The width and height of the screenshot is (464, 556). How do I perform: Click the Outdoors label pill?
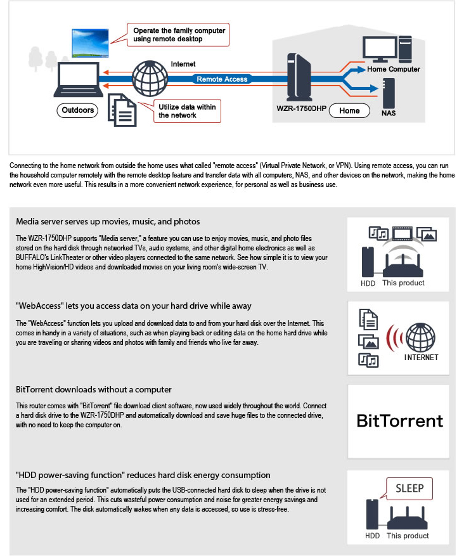[x=77, y=110]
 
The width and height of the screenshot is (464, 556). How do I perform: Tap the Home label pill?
[x=349, y=111]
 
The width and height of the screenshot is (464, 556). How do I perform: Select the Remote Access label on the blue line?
[x=222, y=79]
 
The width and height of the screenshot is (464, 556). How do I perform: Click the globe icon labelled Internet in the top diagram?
[x=150, y=79]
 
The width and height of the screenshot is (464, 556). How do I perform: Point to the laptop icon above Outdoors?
[x=78, y=80]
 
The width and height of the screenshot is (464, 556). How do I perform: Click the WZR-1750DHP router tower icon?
[x=299, y=77]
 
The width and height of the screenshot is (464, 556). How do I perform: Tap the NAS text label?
[x=389, y=113]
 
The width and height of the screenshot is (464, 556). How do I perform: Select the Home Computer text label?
[x=394, y=69]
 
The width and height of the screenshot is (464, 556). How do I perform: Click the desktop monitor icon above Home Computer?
[x=380, y=49]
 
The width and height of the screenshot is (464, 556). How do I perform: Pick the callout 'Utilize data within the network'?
[x=187, y=111]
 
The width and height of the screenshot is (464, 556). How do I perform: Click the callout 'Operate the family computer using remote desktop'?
[x=178, y=35]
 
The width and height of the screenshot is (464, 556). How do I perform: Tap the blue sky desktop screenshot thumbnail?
[x=90, y=43]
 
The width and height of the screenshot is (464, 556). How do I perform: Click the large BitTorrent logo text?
[x=399, y=421]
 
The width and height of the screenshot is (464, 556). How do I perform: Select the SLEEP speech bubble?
[x=409, y=489]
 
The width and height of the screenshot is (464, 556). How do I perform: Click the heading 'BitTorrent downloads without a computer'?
[x=94, y=389]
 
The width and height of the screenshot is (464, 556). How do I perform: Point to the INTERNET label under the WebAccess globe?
[x=421, y=358]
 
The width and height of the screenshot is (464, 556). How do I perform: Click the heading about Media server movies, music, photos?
[x=108, y=222]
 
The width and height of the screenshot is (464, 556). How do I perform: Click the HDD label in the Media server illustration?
[x=368, y=283]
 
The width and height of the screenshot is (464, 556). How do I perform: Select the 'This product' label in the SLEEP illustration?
[x=408, y=536]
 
